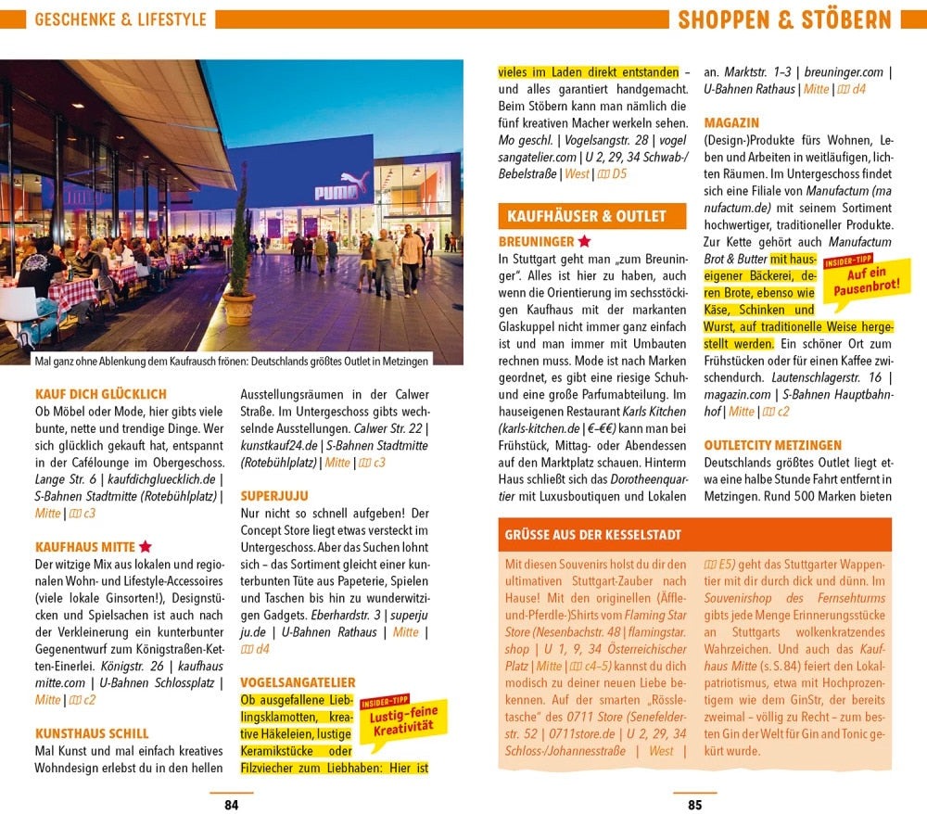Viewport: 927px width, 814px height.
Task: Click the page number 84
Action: pos(231,805)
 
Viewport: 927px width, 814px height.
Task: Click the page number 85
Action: pos(694,805)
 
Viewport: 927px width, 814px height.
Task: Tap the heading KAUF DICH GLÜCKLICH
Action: pos(100,393)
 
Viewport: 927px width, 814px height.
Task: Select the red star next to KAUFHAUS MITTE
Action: pos(146,547)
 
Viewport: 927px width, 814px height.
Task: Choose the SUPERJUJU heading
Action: pos(274,495)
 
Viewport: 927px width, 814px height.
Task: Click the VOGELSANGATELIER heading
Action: pos(298,682)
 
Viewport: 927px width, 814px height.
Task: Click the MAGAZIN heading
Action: pos(731,122)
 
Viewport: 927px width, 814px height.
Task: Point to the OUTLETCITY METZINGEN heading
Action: pos(772,445)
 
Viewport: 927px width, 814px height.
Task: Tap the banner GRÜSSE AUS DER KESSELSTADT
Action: pos(593,535)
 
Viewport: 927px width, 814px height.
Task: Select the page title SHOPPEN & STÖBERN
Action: pos(784,19)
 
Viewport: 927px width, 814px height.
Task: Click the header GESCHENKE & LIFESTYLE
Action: pos(121,19)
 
